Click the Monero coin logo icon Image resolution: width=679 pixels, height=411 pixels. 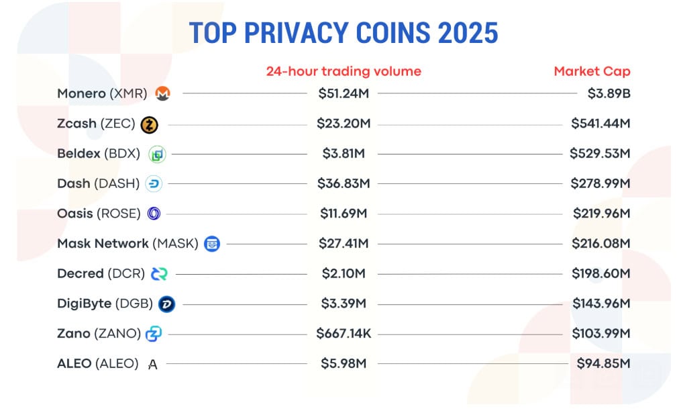(162, 94)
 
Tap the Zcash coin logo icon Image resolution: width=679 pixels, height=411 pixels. (149, 124)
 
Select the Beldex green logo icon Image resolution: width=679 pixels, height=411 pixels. (156, 154)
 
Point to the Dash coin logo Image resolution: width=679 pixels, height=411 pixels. (154, 184)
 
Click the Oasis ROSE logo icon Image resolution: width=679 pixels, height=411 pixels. (154, 214)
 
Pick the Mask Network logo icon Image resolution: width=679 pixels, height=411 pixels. (211, 243)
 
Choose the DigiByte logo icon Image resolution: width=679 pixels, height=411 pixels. (166, 304)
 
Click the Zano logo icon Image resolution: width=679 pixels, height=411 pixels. (154, 334)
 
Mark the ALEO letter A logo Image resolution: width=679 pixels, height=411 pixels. (153, 364)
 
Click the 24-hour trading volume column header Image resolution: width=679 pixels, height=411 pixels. (344, 71)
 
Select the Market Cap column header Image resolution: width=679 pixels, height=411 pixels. (592, 71)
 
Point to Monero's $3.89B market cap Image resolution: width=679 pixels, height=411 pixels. (609, 94)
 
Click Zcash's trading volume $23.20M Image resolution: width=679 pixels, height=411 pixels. (344, 124)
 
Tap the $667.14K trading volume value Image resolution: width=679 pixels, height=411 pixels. (344, 334)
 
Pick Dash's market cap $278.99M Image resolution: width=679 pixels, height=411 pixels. (600, 183)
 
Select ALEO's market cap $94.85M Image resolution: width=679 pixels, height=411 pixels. (603, 364)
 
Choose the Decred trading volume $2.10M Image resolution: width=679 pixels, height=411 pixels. (344, 273)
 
